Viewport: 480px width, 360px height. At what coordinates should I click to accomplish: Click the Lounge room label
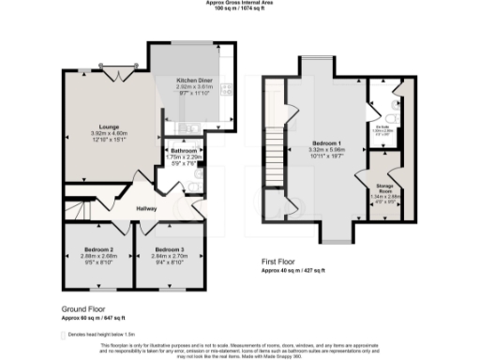pyautogui.click(x=102, y=126)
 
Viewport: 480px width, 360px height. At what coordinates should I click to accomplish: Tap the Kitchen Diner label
pyautogui.click(x=196, y=81)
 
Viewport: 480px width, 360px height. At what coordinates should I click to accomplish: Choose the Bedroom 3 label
pyautogui.click(x=170, y=249)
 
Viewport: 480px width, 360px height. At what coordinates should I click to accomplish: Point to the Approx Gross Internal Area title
pyautogui.click(x=240, y=3)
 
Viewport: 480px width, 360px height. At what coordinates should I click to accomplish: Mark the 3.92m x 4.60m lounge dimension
pyautogui.click(x=102, y=133)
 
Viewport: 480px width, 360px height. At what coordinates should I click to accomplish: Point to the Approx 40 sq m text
pyautogui.click(x=292, y=269)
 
